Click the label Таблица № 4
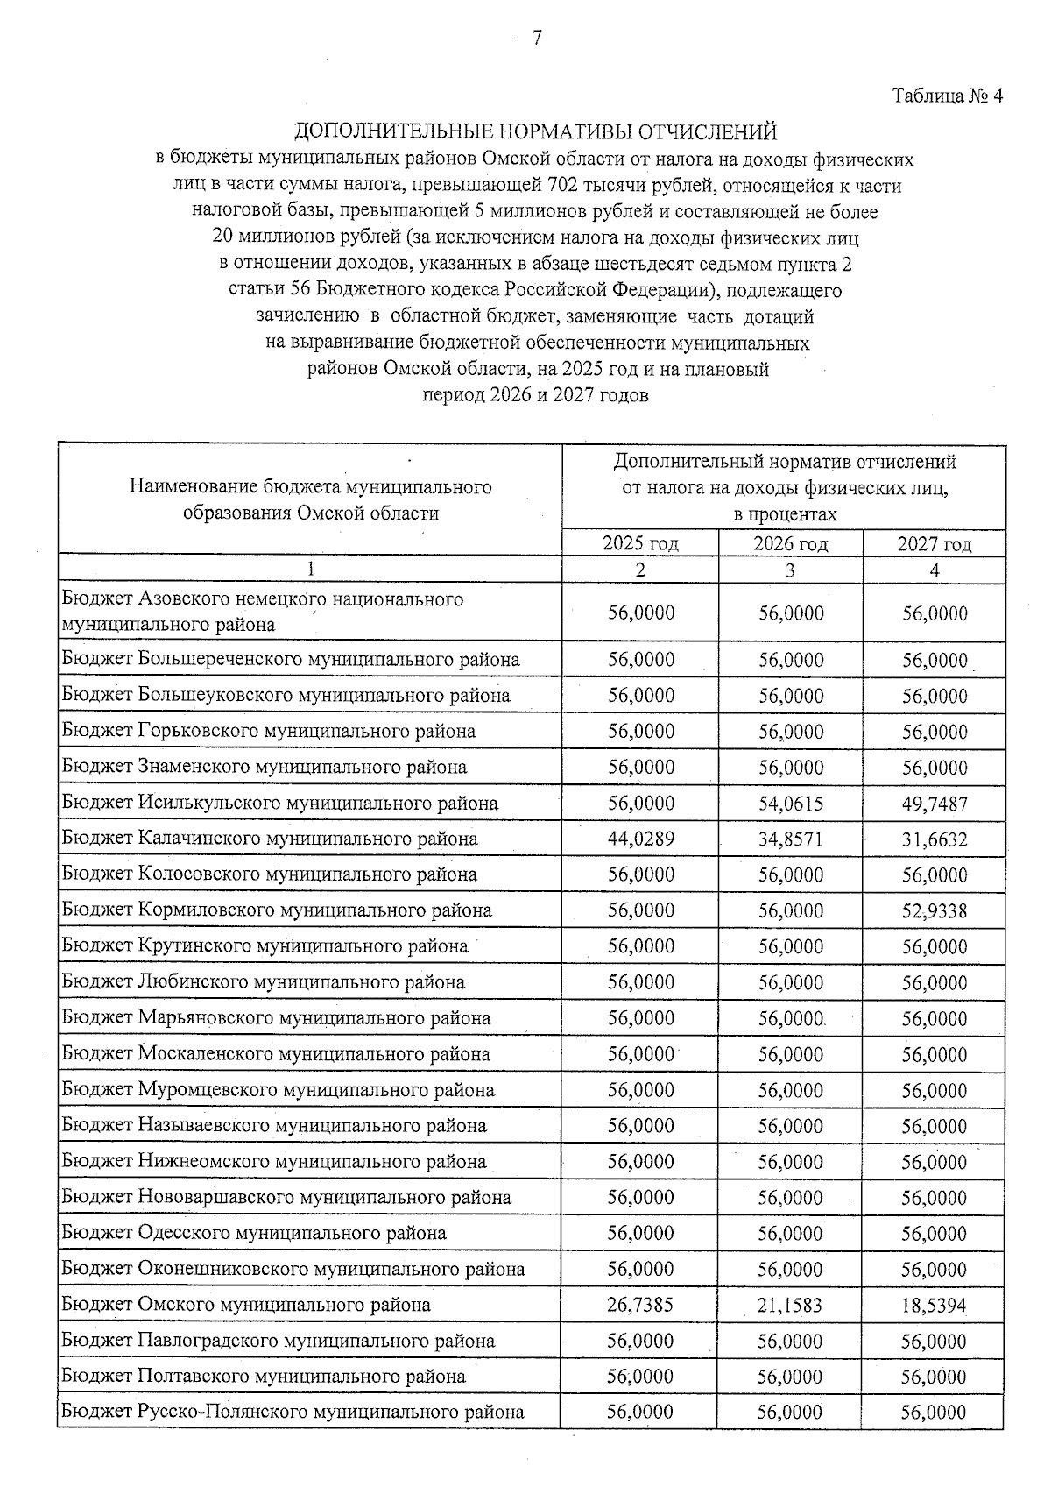point(946,96)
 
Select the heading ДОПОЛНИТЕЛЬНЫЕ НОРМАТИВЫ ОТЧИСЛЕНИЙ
point(535,132)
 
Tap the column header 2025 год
point(640,543)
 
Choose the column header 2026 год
point(790,543)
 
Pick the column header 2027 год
point(935,544)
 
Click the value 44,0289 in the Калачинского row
point(641,839)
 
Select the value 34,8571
point(791,839)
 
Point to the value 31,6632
point(935,839)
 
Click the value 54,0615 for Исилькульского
point(791,804)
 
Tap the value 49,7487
point(935,804)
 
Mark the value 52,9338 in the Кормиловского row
point(935,911)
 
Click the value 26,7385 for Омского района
point(640,1305)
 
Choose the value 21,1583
point(791,1306)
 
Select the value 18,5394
point(935,1306)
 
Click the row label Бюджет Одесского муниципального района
point(254,1233)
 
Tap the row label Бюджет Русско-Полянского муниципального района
point(293,1412)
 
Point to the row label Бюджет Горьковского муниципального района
point(269,731)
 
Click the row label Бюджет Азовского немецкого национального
point(263,599)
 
